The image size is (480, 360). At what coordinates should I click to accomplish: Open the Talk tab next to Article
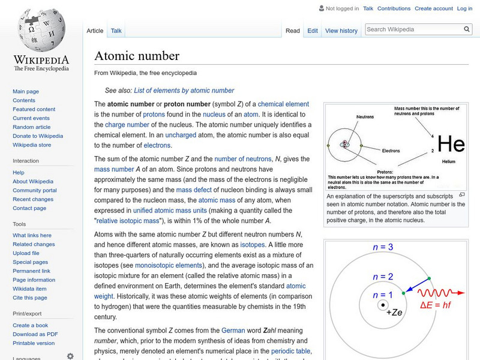click(116, 31)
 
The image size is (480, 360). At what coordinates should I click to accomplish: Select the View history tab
click(341, 31)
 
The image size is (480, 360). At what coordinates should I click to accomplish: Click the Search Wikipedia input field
click(413, 29)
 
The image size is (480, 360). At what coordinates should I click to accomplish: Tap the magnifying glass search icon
click(467, 29)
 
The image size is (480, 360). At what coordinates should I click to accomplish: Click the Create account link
click(434, 9)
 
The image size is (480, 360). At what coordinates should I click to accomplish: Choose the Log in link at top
click(464, 9)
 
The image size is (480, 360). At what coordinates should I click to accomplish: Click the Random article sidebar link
click(32, 127)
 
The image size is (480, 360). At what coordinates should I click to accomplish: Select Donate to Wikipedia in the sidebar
click(38, 136)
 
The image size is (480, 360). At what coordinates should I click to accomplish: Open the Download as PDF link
click(35, 334)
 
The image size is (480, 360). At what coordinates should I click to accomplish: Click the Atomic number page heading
click(137, 56)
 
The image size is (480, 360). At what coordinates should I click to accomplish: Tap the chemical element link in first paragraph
click(283, 104)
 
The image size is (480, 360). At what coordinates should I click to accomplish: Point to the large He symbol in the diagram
click(451, 143)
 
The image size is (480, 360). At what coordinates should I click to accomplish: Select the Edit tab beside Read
click(313, 31)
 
